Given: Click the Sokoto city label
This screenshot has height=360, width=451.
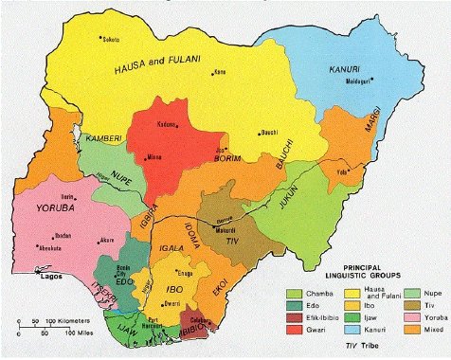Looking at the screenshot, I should point(111,40).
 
